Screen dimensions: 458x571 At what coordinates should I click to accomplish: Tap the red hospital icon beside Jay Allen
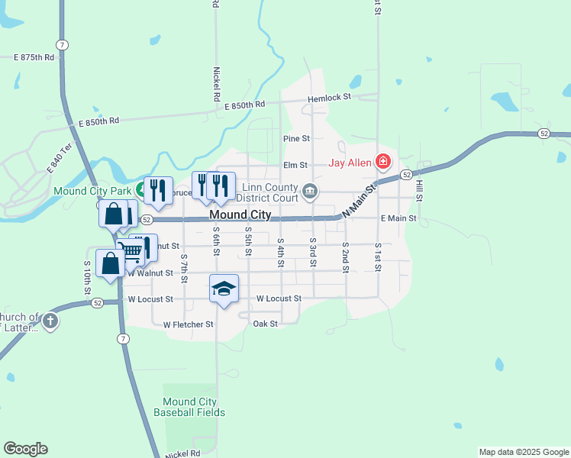(382, 162)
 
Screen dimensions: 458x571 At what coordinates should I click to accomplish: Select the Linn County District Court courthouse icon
(309, 191)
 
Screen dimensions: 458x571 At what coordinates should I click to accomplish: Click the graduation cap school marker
(224, 289)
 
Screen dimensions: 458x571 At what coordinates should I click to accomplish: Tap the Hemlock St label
(329, 98)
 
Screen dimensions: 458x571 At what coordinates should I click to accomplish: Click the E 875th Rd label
(34, 57)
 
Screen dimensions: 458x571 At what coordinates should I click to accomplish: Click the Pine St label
(296, 139)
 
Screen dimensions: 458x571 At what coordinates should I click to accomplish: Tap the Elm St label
(295, 164)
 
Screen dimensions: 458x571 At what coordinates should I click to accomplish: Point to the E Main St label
(398, 218)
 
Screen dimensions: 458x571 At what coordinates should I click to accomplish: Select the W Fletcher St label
(189, 324)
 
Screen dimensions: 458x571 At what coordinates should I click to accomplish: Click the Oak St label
(265, 324)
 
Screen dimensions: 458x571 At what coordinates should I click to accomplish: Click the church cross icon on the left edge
(50, 321)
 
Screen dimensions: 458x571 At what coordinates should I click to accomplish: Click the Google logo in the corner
(25, 449)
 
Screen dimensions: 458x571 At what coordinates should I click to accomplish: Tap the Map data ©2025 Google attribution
(524, 452)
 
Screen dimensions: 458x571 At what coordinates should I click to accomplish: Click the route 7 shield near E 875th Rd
(63, 44)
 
